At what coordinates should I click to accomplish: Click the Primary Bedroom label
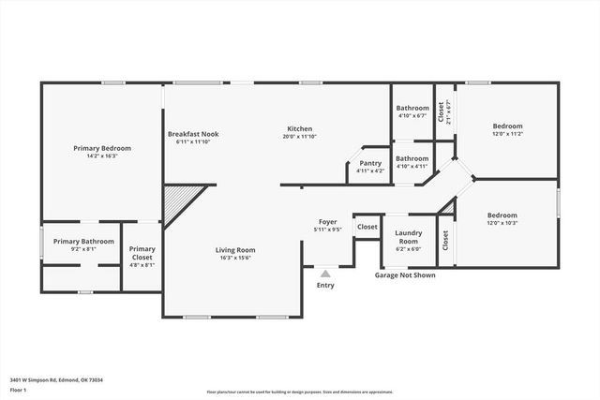point(102,148)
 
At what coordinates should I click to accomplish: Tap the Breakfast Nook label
point(194,134)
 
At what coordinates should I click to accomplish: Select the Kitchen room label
point(299,128)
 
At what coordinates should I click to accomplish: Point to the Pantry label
point(370,163)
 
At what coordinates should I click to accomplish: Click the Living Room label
point(235,250)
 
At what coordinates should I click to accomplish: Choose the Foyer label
point(327,221)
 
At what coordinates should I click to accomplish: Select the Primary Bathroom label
point(83,242)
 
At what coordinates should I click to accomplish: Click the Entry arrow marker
point(325,274)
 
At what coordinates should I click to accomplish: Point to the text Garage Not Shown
point(405,275)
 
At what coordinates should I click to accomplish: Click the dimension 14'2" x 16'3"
point(102,156)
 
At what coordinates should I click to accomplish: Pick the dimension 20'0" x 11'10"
point(299,137)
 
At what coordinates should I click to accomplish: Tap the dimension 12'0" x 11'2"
point(507,134)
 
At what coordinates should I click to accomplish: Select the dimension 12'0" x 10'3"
point(502,222)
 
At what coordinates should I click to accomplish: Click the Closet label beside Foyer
point(367,227)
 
